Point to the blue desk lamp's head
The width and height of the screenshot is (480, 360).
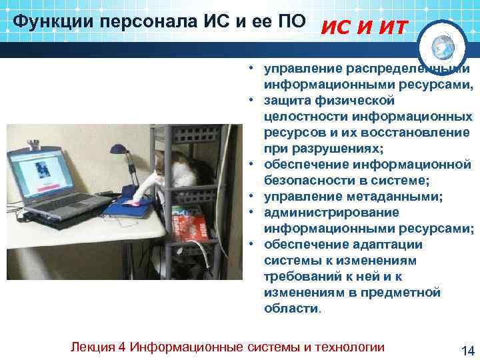pyautogui.click(x=119, y=151)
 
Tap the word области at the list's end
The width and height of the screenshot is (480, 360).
pyautogui.click(x=291, y=309)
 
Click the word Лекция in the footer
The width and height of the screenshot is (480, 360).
pyautogui.click(x=89, y=347)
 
